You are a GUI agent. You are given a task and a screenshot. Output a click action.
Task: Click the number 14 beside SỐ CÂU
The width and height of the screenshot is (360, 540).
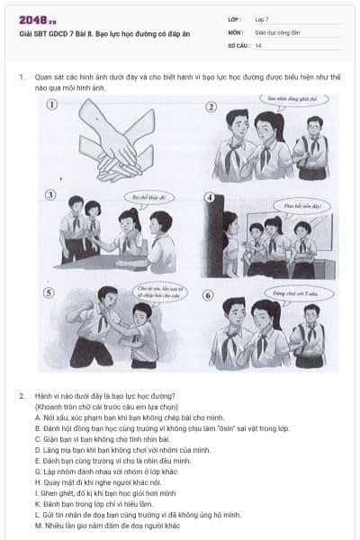(258, 44)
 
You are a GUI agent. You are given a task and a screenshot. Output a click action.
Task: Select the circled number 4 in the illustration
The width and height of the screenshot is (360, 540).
(209, 197)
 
